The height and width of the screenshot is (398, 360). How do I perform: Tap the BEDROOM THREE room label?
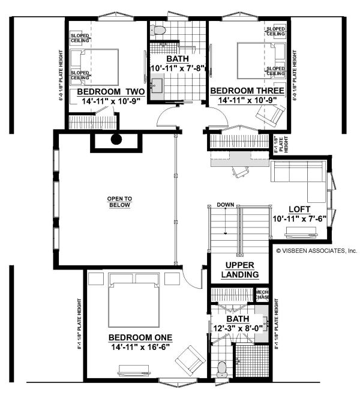pos(243,91)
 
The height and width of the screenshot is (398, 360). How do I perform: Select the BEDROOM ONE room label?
pos(141,337)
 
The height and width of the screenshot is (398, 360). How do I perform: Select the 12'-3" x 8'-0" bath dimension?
pos(238,328)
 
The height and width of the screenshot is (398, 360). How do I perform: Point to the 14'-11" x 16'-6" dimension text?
pos(141,347)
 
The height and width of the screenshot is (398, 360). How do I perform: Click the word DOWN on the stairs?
pos(225,204)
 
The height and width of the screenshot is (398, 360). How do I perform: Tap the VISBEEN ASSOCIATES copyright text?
pos(316,251)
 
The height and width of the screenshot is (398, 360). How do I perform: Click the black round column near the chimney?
pos(116,140)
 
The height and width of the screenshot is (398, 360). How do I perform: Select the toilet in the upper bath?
pos(158,30)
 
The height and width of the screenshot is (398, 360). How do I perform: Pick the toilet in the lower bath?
pos(222,368)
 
